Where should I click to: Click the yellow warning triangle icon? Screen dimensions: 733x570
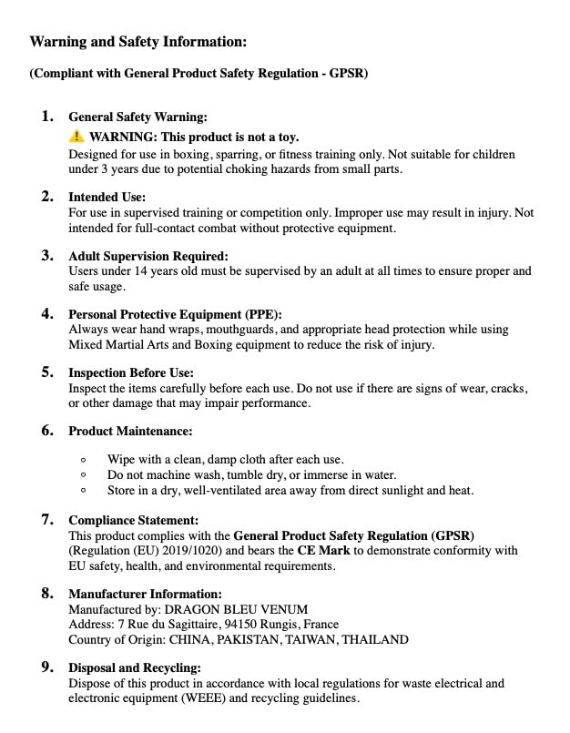point(76,137)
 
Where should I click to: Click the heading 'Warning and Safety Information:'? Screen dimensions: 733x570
point(138,42)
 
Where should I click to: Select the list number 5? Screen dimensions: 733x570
point(47,372)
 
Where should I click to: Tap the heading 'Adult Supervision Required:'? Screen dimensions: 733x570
point(148,256)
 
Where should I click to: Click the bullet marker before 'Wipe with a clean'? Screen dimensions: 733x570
point(84,460)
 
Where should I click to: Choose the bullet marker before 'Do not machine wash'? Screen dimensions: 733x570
point(84,475)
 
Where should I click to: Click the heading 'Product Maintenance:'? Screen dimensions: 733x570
point(130,431)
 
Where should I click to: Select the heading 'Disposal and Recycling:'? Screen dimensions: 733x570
point(135,667)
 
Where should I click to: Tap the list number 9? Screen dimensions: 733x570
point(47,667)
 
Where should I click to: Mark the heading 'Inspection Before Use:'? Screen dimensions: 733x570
point(131,372)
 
